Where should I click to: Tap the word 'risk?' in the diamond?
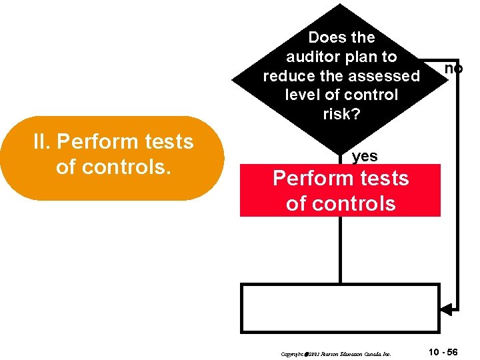coord(341,114)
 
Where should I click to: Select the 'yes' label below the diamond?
coord(365,157)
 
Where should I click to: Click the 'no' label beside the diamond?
coord(453,69)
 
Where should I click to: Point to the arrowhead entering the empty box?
coord(446,309)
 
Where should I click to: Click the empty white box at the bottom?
coord(340,308)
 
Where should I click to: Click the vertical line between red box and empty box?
coord(340,250)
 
